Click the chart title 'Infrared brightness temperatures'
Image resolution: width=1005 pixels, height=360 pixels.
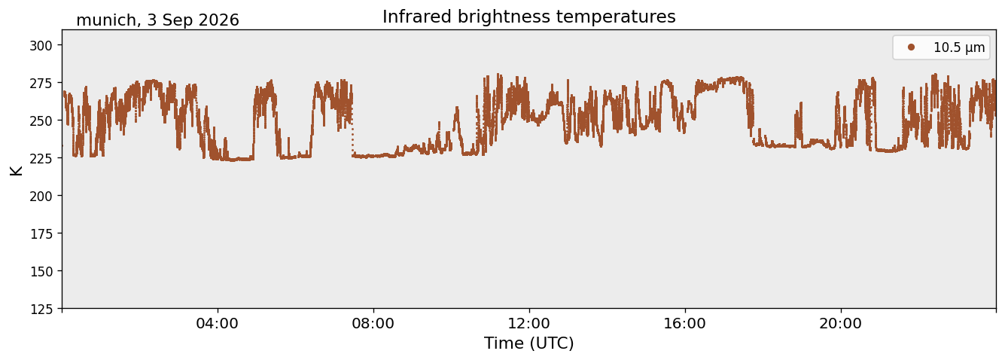click(x=529, y=17)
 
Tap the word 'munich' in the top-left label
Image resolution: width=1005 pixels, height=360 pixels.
click(x=106, y=20)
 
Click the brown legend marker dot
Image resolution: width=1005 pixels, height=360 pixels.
click(x=911, y=47)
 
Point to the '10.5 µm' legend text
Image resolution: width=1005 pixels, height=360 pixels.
click(x=959, y=47)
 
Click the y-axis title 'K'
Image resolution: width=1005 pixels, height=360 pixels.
click(x=16, y=170)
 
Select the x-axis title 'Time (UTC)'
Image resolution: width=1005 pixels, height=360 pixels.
click(x=529, y=343)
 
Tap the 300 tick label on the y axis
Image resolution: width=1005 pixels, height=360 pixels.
click(x=41, y=45)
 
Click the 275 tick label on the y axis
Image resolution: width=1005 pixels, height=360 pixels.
click(x=41, y=83)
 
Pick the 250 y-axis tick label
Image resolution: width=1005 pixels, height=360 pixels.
click(x=41, y=121)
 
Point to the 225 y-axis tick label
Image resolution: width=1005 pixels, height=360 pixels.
click(x=41, y=158)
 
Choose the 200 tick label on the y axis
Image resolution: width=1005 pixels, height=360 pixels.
click(x=41, y=196)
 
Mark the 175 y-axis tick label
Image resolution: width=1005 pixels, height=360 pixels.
click(x=41, y=234)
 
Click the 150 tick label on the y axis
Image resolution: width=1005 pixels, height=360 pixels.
click(x=41, y=272)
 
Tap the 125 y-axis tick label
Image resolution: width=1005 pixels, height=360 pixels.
click(x=41, y=310)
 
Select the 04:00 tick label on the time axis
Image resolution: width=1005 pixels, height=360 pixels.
click(x=218, y=323)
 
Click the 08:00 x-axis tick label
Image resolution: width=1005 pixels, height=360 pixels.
click(x=373, y=323)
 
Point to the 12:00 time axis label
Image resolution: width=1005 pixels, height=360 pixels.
click(x=529, y=323)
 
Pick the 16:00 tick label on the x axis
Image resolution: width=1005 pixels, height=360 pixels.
click(x=684, y=323)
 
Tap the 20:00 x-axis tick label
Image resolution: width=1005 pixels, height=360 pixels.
click(x=840, y=323)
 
